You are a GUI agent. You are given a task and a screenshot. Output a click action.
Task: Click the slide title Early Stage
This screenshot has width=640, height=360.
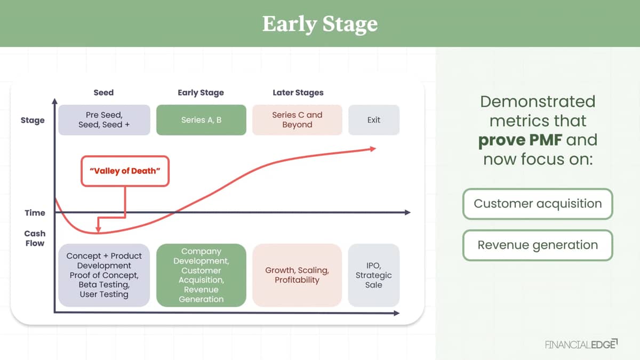pyautogui.click(x=320, y=24)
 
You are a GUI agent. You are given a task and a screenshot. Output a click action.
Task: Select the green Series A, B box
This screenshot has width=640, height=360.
pyautogui.click(x=201, y=120)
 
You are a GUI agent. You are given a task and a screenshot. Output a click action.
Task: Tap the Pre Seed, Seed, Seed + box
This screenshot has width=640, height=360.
pyautogui.click(x=105, y=120)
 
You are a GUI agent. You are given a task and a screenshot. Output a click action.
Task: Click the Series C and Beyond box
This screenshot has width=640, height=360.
pyautogui.click(x=297, y=120)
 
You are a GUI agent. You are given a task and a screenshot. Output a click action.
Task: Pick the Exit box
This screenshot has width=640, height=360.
pyautogui.click(x=374, y=120)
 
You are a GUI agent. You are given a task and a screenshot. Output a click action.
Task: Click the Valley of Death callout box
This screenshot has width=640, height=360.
pyautogui.click(x=125, y=171)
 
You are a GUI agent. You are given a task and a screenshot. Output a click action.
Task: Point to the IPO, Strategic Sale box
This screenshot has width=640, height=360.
pyautogui.click(x=374, y=275)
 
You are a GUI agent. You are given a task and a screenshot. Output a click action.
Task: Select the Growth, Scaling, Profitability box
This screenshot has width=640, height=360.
pyautogui.click(x=297, y=275)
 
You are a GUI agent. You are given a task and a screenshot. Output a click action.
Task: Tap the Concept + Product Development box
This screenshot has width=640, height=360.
pyautogui.click(x=105, y=275)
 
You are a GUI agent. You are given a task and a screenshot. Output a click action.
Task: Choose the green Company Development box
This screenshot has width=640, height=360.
pyautogui.click(x=201, y=275)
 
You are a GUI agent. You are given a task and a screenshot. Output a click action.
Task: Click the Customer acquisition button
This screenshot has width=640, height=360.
pyautogui.click(x=538, y=204)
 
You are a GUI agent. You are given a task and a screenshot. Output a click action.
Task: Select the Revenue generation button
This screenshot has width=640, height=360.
pyautogui.click(x=538, y=245)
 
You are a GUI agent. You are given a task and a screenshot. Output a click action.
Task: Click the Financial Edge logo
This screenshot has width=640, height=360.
pyautogui.click(x=581, y=345)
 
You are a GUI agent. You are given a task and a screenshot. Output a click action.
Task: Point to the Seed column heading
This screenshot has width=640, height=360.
pyautogui.click(x=103, y=93)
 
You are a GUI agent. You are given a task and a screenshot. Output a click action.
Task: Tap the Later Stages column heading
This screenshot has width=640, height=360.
pyautogui.click(x=298, y=93)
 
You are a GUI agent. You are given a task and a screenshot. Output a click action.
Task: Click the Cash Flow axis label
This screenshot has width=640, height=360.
pyautogui.click(x=35, y=238)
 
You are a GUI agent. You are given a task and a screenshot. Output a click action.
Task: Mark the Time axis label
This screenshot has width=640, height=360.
pyautogui.click(x=35, y=213)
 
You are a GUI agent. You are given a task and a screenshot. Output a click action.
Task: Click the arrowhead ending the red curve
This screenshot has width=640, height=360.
pyautogui.click(x=373, y=149)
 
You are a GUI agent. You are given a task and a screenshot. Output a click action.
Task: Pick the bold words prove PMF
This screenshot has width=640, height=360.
pyautogui.click(x=520, y=140)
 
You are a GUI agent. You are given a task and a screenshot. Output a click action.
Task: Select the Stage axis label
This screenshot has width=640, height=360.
pyautogui.click(x=33, y=121)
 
